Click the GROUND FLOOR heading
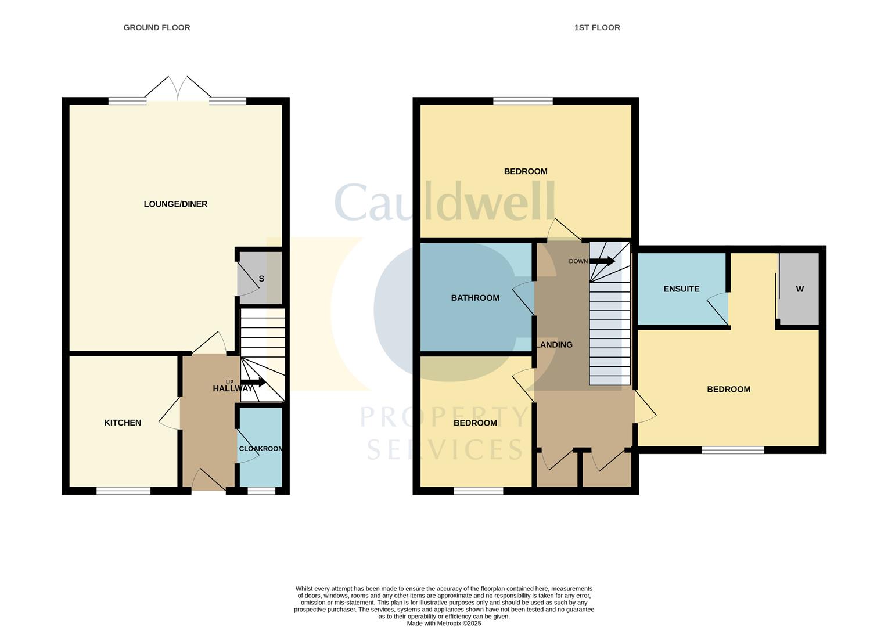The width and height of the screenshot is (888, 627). click(157, 27)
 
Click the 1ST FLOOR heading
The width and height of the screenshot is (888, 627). click(597, 27)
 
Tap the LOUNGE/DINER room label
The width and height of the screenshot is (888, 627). click(175, 204)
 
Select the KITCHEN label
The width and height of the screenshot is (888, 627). click(123, 423)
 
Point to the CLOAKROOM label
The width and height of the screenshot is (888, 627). click(261, 449)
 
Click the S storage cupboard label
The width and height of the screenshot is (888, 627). click(261, 279)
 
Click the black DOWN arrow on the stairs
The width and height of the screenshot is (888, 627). click(602, 261)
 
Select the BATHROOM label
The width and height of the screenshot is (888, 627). click(475, 298)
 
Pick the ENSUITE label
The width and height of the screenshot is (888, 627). click(681, 289)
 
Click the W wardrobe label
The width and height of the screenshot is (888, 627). click(800, 289)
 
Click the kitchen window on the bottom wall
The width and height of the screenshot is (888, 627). click(123, 491)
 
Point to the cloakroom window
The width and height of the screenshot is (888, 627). click(261, 491)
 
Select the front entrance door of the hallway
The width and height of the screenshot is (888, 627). click(208, 481)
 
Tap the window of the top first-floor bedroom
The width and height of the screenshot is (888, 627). click(523, 101)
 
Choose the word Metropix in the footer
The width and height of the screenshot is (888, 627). click(445, 623)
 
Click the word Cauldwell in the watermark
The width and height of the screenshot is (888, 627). click(445, 202)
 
